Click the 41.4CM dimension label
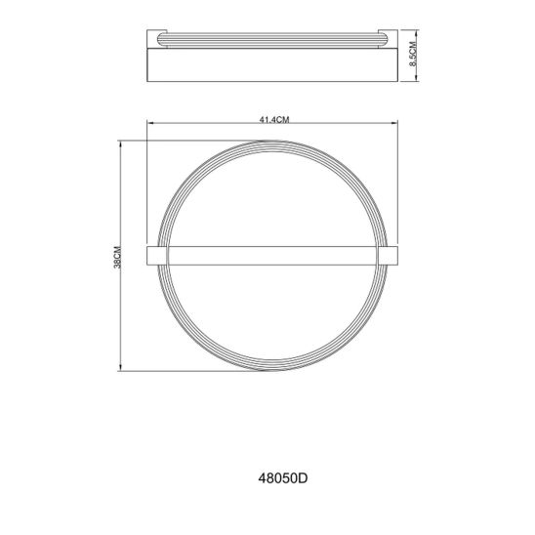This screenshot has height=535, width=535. click(x=274, y=120)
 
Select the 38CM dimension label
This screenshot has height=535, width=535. click(x=117, y=257)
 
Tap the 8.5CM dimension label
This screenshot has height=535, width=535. click(x=413, y=54)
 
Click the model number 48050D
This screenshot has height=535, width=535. click(x=282, y=478)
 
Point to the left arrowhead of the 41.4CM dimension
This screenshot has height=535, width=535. click(x=150, y=123)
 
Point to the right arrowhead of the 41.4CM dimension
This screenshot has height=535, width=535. click(x=394, y=123)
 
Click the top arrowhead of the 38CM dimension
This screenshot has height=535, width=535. click(x=120, y=144)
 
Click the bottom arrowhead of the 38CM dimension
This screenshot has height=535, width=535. click(x=120, y=367)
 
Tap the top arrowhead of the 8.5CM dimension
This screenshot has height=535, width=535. click(x=417, y=33)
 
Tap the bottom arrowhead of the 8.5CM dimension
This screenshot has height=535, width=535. click(x=417, y=78)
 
